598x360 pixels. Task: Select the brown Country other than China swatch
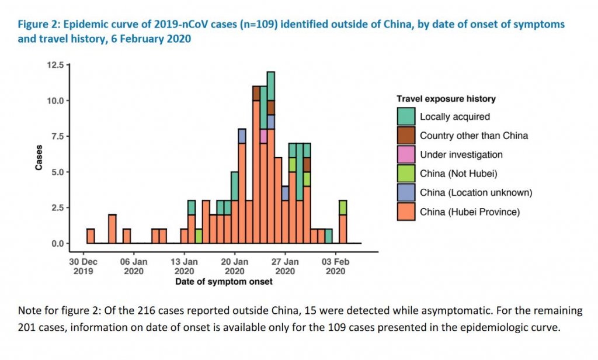(406, 136)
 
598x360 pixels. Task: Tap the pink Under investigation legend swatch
(406, 155)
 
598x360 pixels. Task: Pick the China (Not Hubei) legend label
(455, 174)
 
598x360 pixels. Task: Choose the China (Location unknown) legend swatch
(406, 192)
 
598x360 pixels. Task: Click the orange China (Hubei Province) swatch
(406, 212)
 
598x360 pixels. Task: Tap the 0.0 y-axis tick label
(57, 243)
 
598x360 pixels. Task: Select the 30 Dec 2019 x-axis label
(83, 266)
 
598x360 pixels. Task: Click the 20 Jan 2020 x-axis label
(235, 266)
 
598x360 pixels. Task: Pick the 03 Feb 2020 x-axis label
(335, 266)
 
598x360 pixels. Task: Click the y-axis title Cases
(39, 157)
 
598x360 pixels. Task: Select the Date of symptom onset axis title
(224, 282)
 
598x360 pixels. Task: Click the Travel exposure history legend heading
(446, 99)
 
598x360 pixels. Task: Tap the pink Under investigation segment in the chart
(264, 136)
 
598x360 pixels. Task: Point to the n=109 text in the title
(216, 25)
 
